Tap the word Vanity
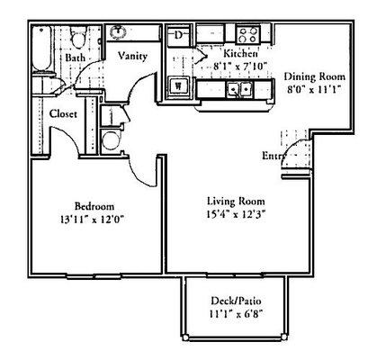pos(133,55)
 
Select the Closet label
pos(63,114)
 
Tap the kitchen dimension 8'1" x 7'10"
pos(218,66)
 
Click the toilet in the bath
pos(78,40)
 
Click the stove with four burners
pos(247,34)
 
